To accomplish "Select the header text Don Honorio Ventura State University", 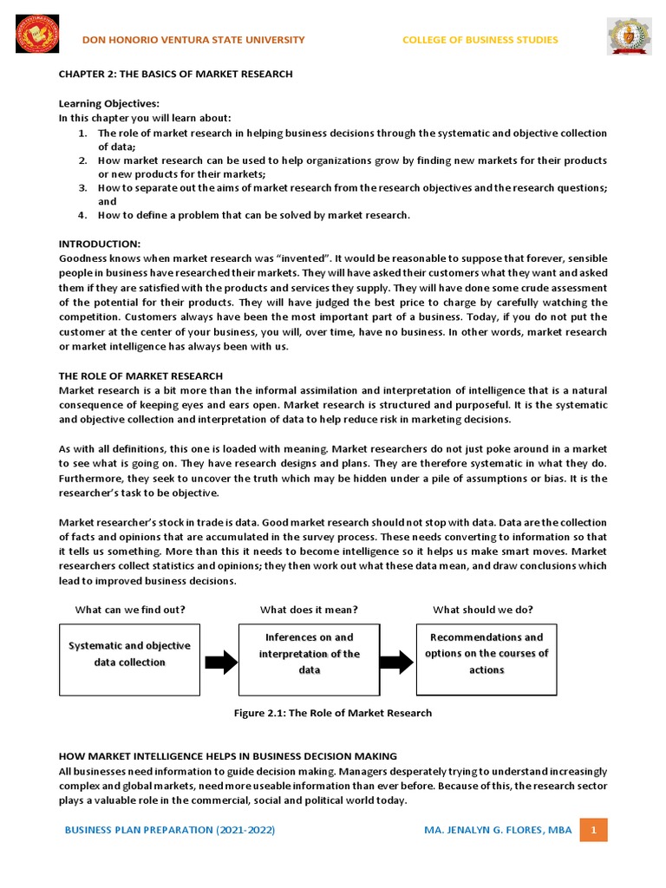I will [193, 40].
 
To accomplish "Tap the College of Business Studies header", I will [480, 40].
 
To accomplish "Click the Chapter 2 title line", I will [175, 75].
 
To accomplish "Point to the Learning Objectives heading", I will [108, 104].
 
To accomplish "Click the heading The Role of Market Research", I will [140, 375].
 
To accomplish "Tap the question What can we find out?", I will [130, 610].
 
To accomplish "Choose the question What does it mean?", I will [309, 610].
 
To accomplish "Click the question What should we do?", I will [483, 610].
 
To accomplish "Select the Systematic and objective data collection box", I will [129, 654].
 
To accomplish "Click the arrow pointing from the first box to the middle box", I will [220, 663].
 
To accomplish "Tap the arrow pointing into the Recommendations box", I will [396, 663].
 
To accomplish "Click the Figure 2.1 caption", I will [332, 713].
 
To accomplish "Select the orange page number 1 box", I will [594, 830].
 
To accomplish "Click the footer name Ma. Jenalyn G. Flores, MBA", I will [498, 830].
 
